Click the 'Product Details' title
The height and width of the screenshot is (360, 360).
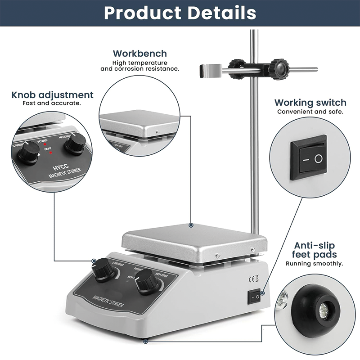[x=180, y=13]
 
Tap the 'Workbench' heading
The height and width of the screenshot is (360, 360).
[x=139, y=54]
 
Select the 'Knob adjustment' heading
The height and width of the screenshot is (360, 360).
[x=52, y=95]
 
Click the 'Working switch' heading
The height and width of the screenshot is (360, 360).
[x=310, y=103]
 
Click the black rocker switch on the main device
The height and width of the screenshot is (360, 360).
[x=254, y=297]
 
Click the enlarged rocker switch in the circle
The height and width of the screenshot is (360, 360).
[x=309, y=158]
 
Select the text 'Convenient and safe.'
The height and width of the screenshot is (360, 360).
[x=310, y=112]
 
